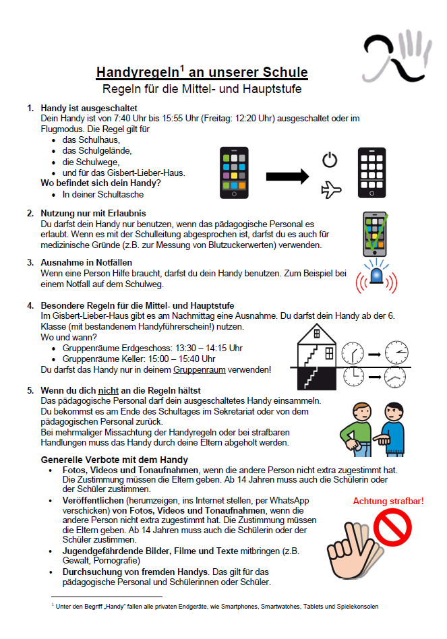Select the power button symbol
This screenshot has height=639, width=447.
click(330, 160)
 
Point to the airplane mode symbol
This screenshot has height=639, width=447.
click(331, 190)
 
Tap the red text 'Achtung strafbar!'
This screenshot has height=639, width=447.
click(388, 501)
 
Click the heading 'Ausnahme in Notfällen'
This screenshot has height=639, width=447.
click(86, 262)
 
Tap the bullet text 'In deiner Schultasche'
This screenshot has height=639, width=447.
click(103, 194)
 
